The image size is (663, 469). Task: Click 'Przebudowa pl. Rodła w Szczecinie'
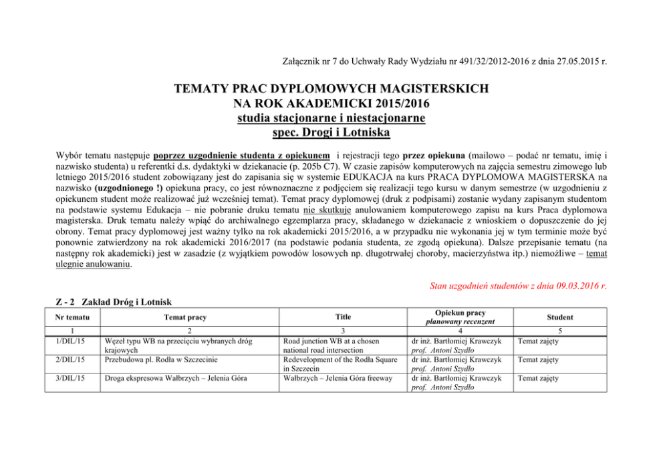[162, 359]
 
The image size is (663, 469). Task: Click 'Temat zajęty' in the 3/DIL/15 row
[539, 378]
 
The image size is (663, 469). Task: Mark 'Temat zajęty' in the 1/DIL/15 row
[539, 341]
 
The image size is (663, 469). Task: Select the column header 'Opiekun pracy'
[460, 313]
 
